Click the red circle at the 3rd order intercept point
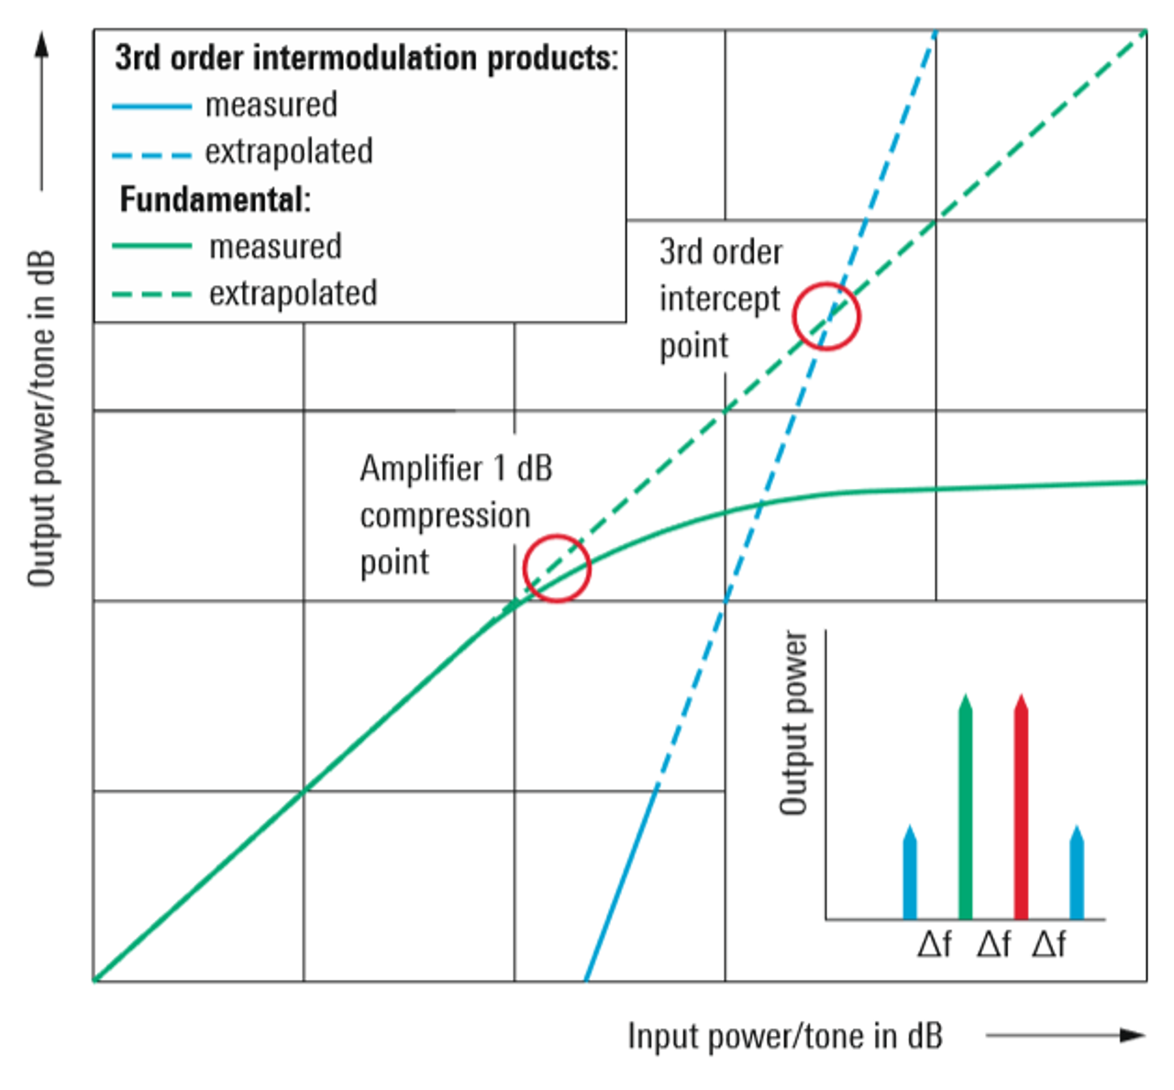[826, 317]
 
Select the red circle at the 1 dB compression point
[557, 569]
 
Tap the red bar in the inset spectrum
[1021, 807]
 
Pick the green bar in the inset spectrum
[965, 807]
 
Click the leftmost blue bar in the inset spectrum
[910, 873]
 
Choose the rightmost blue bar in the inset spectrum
[1077, 873]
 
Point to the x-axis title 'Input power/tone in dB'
[784, 1036]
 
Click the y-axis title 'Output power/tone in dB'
[42, 418]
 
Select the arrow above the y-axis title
[41, 110]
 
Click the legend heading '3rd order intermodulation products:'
[366, 58]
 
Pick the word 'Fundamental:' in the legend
[216, 199]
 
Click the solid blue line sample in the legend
[151, 106]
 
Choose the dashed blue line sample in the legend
[151, 154]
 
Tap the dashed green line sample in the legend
[151, 295]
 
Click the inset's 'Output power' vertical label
[794, 723]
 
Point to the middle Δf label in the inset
[993, 944]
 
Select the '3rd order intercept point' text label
[721, 299]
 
